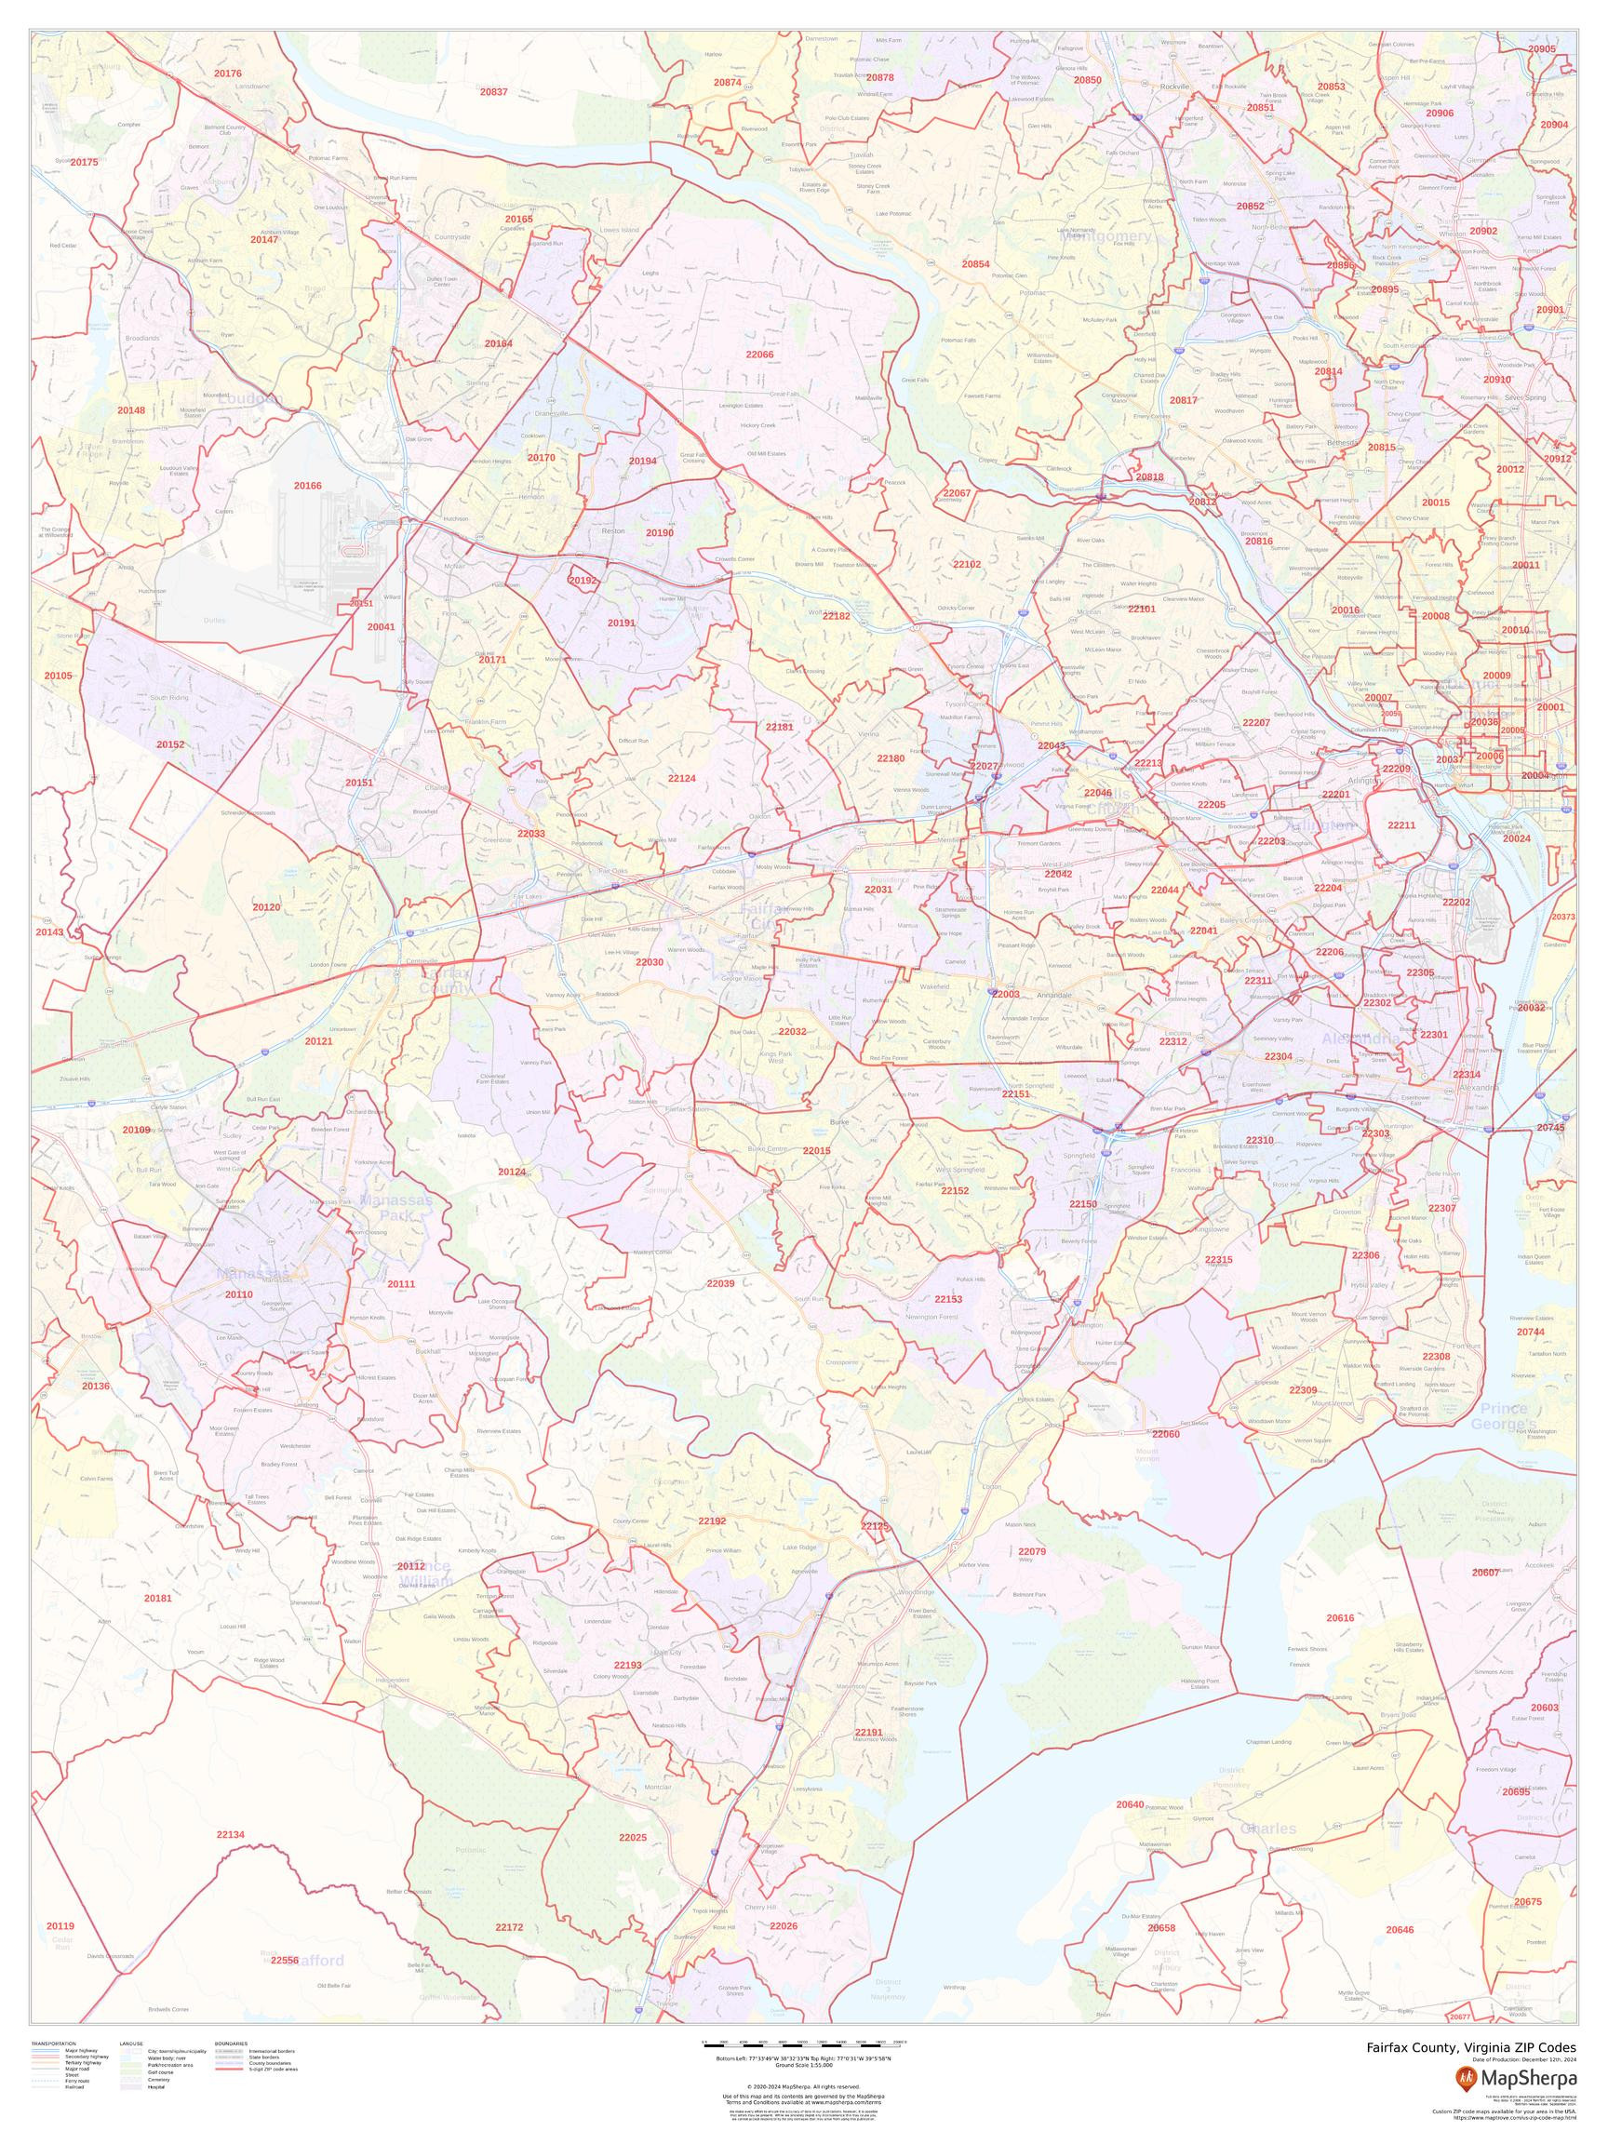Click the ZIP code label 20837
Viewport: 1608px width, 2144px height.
493,92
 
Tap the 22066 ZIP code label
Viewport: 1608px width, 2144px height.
759,355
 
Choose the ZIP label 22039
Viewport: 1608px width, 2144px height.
720,1283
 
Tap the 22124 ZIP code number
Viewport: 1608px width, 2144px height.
681,777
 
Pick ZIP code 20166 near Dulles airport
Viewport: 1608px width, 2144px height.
307,485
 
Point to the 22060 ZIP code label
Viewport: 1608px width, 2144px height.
1165,1434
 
